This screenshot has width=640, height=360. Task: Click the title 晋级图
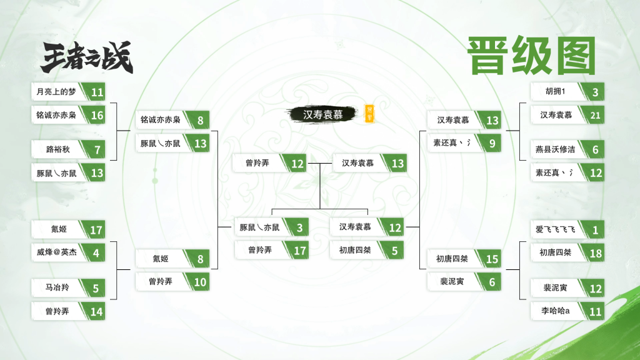(531, 56)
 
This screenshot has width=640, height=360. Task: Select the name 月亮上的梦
(56, 92)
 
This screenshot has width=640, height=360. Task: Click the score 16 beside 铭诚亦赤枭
(96, 115)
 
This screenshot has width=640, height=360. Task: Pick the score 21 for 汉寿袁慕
(595, 115)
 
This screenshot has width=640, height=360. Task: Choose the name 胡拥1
(554, 92)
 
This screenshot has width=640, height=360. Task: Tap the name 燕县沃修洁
(554, 150)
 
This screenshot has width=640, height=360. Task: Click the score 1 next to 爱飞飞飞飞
(595, 230)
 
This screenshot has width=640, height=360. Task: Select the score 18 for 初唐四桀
(595, 253)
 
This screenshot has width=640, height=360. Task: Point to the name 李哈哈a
(554, 311)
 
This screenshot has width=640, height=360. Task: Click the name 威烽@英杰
(56, 253)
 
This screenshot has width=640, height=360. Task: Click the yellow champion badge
(369, 113)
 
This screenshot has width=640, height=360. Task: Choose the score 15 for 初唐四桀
(492, 259)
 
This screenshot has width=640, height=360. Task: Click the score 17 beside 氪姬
(96, 230)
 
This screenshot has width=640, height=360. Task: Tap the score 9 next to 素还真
(492, 144)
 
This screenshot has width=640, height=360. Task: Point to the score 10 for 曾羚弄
(200, 282)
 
